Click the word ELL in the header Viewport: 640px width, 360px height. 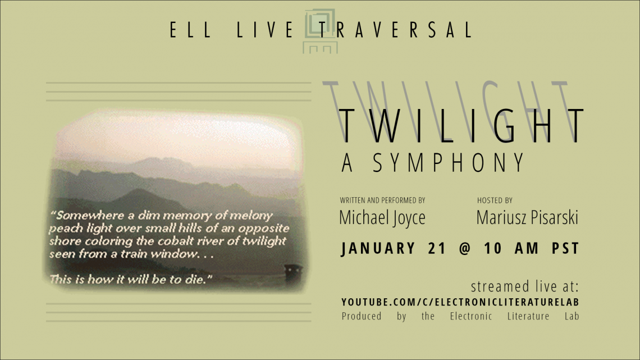191,30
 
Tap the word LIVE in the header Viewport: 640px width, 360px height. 266,30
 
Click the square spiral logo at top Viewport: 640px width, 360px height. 321,31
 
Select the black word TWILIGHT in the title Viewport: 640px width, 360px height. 461,126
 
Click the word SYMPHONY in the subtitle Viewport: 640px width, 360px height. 449,162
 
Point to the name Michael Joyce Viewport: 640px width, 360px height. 382,217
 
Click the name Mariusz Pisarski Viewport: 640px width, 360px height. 527,217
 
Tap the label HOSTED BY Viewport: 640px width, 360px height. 495,200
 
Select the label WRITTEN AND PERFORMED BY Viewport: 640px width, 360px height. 382,200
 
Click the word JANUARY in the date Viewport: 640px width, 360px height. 378,248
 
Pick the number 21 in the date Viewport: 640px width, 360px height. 437,248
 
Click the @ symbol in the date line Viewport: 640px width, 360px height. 465,249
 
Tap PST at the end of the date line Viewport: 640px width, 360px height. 565,248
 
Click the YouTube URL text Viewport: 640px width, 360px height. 460,302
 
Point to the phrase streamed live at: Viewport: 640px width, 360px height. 525,286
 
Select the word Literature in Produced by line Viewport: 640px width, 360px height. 528,316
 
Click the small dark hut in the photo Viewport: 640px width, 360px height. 294,271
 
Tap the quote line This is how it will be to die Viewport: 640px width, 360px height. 131,280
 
